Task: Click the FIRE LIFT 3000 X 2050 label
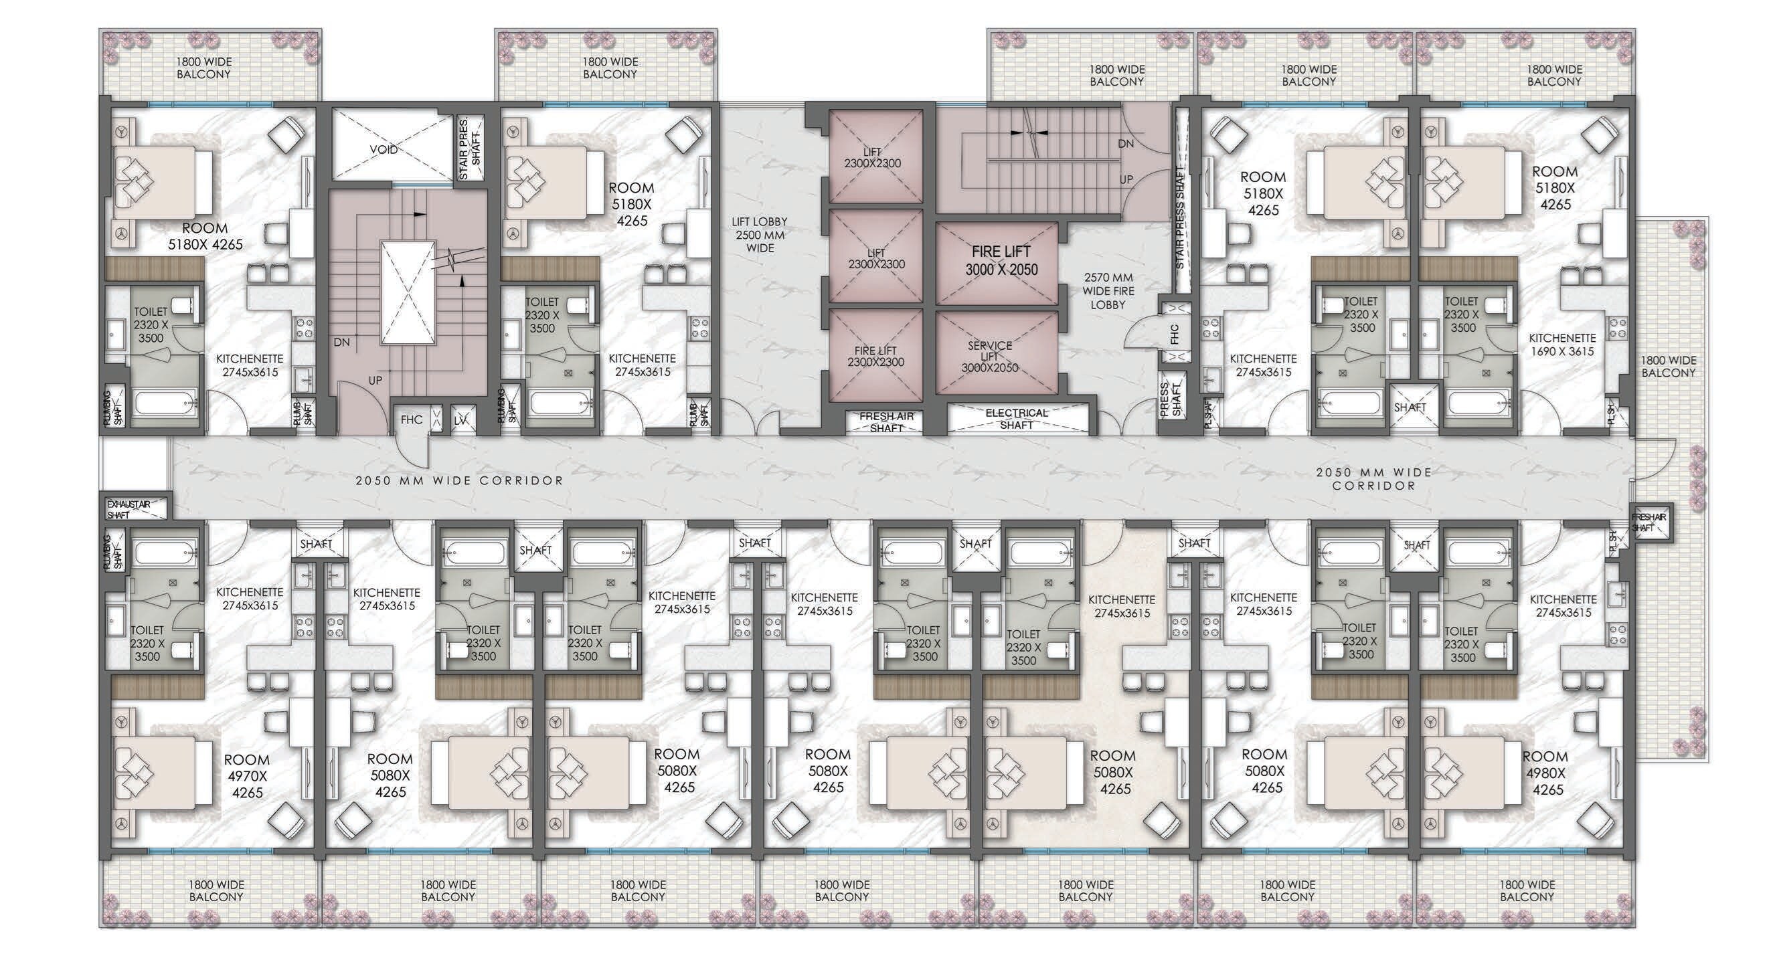pyautogui.click(x=1001, y=262)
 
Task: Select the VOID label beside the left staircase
pyautogui.click(x=384, y=149)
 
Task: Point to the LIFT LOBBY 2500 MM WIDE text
pyautogui.click(x=760, y=235)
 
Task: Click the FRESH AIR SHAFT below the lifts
pyautogui.click(x=886, y=421)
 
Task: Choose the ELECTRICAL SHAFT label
pyautogui.click(x=1016, y=419)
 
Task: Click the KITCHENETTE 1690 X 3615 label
pyautogui.click(x=1561, y=344)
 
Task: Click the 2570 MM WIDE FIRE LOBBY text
pyautogui.click(x=1108, y=290)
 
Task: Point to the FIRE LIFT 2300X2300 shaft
pyautogui.click(x=875, y=356)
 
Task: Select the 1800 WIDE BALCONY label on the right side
pyautogui.click(x=1668, y=366)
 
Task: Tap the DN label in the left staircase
pyautogui.click(x=341, y=342)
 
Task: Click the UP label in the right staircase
pyautogui.click(x=1126, y=179)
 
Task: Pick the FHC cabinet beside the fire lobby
pyautogui.click(x=1175, y=334)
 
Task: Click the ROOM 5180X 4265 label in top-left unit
pyautogui.click(x=205, y=235)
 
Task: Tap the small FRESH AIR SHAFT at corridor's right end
pyautogui.click(x=1648, y=522)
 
